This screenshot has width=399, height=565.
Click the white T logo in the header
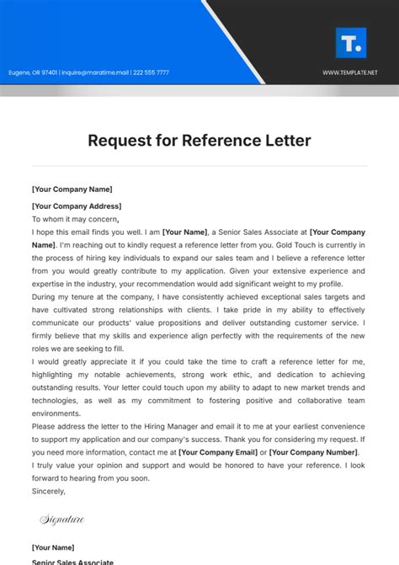(x=349, y=42)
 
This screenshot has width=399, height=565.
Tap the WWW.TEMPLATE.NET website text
(x=349, y=72)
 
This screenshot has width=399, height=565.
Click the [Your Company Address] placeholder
(x=76, y=206)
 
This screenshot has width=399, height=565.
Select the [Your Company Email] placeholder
(x=219, y=452)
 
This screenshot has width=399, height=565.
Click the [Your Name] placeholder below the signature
(x=53, y=547)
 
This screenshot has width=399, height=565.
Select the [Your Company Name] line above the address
(x=71, y=189)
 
